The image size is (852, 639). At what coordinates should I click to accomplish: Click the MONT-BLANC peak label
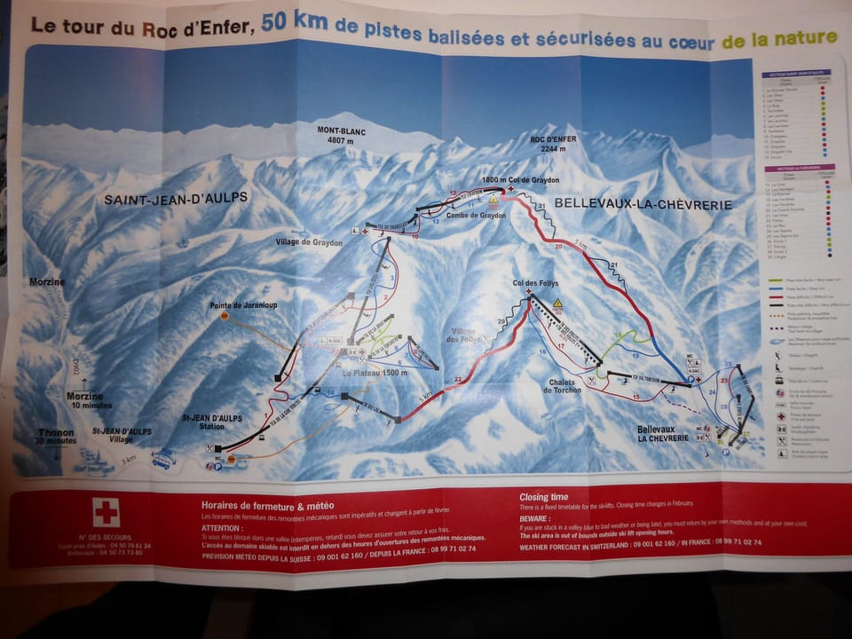[342, 134]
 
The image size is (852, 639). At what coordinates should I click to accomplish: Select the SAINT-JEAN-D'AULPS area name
[176, 199]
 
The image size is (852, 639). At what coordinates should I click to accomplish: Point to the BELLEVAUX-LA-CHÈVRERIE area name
[643, 204]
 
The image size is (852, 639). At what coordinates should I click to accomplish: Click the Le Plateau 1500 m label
[377, 373]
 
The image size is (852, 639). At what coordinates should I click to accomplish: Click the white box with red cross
[106, 512]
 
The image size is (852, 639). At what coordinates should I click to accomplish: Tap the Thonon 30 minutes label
[56, 436]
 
